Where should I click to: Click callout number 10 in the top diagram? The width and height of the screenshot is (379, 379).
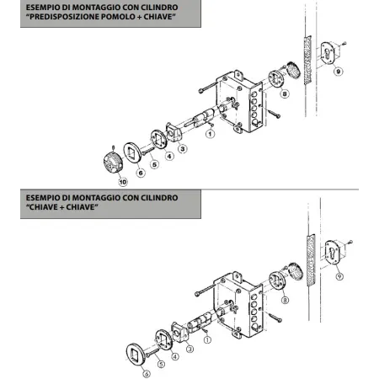123,182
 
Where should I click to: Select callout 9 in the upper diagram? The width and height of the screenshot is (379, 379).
339,72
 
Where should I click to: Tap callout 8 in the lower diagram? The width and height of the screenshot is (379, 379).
285,300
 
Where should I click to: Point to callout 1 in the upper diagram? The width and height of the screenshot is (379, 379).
210,134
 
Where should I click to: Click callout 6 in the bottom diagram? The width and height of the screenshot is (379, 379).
147,374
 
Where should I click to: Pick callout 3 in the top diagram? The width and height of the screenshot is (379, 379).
183,149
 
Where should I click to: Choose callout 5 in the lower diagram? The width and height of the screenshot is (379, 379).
161,365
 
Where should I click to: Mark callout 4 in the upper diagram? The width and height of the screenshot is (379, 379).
169,156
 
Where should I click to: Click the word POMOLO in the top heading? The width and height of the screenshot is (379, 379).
118,17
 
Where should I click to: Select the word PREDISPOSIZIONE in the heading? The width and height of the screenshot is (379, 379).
64,17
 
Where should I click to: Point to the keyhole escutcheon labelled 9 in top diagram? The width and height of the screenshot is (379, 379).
328,54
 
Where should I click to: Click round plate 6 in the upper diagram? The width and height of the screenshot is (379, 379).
132,152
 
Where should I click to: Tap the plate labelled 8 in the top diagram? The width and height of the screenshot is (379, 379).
276,79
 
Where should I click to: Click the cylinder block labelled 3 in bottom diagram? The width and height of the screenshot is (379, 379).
179,332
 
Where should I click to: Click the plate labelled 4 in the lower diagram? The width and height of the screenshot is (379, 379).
163,339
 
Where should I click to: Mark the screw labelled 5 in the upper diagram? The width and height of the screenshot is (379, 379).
148,151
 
